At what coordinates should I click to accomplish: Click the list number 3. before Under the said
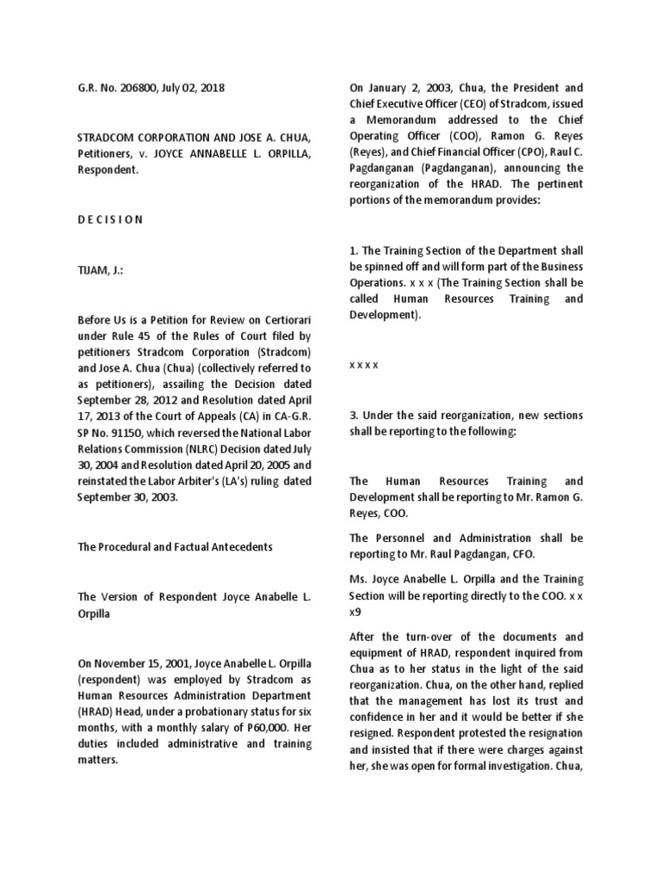(x=354, y=415)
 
